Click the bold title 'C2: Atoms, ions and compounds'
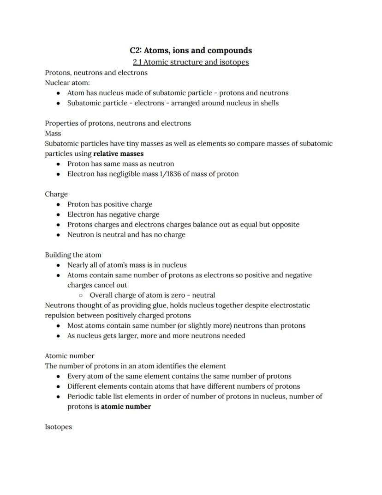(x=191, y=50)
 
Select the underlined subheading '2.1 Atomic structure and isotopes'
(x=191, y=62)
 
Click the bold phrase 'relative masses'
(x=118, y=153)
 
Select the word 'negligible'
(x=131, y=174)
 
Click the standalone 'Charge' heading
(x=56, y=194)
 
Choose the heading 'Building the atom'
(x=73, y=255)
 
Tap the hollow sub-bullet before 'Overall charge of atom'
(x=80, y=295)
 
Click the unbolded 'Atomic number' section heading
(x=70, y=356)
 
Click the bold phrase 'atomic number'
(x=126, y=407)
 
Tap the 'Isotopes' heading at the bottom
(x=59, y=427)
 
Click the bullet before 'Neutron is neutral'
(x=58, y=235)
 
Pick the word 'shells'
(x=269, y=103)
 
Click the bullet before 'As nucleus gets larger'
(x=58, y=336)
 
